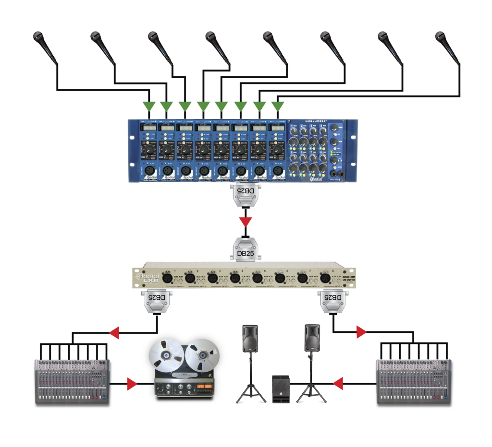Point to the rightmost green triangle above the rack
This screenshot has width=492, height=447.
coord(277,106)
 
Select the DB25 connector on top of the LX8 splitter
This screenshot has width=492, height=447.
coord(246,249)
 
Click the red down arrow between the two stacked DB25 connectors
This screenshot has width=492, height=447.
coord(246,222)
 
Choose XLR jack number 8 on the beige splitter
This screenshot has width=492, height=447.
coord(324,278)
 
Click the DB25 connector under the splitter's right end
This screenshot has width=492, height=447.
coord(333,302)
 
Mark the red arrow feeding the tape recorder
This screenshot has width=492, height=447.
coord(132,384)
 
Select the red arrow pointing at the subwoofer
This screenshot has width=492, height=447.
coord(338,383)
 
